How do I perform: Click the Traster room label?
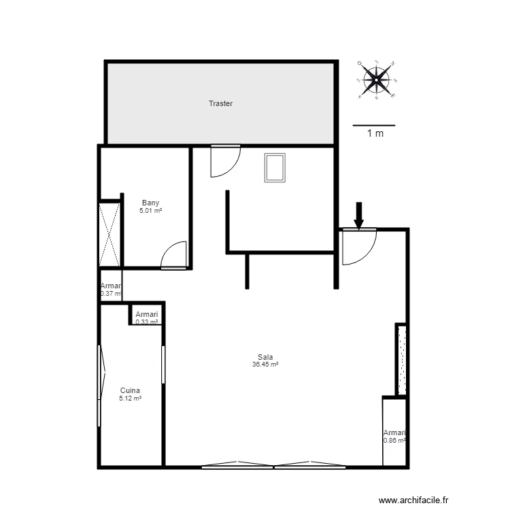[220, 104]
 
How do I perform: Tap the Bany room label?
[150, 203]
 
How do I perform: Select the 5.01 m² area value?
[150, 211]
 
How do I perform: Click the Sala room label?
[265, 357]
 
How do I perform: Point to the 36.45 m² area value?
[265, 364]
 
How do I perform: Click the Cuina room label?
[130, 390]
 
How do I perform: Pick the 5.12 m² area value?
[130, 398]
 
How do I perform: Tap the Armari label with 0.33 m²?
[147, 314]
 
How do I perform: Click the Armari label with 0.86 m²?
[394, 432]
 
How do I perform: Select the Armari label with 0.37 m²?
[111, 286]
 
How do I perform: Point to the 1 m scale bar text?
[375, 134]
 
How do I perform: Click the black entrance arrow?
[359, 215]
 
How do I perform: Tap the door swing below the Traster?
[223, 161]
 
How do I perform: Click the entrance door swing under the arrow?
[357, 246]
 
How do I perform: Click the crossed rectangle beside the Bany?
[109, 234]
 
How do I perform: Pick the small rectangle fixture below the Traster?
[275, 168]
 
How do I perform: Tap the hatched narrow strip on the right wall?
[401, 360]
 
